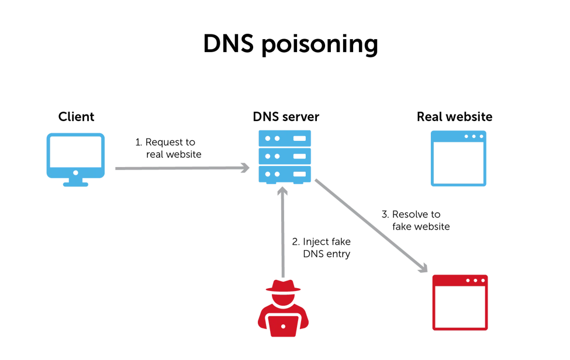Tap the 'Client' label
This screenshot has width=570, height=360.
(77, 117)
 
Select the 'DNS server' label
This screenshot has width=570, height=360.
(286, 117)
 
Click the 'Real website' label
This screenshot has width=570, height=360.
(454, 117)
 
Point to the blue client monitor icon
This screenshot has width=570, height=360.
(76, 153)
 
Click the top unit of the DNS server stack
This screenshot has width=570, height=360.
(285, 138)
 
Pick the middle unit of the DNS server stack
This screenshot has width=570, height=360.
(285, 156)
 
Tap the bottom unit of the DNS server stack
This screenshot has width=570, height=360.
(285, 174)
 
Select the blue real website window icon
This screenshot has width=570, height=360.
(458, 158)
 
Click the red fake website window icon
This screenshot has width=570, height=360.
(459, 302)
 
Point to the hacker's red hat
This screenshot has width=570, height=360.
(283, 286)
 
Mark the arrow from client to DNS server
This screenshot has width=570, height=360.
(181, 168)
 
